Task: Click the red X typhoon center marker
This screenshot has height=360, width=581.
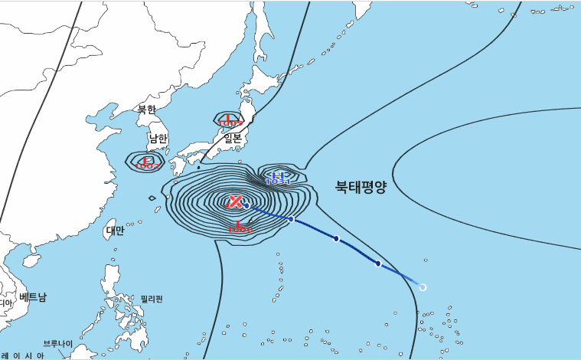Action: coord(236,201)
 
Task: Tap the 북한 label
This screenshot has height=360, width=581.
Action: coord(146,110)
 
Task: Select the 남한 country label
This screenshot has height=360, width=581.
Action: coord(158,139)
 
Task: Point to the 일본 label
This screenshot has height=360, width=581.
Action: coord(232,139)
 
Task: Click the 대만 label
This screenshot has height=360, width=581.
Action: coord(115,230)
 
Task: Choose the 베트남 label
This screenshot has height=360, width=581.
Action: coord(34,296)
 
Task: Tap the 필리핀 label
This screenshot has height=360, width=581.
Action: coord(152,299)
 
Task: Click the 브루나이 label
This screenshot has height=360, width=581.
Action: coord(58,344)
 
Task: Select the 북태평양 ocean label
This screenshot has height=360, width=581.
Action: coord(361,186)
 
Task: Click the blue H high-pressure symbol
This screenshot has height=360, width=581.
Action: coord(278,176)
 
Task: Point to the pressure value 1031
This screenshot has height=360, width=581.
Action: coord(278,182)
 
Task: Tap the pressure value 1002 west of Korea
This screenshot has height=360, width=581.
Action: coord(147,165)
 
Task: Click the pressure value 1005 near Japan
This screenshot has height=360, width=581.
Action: coord(230,123)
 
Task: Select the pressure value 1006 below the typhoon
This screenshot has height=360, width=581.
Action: coord(240,229)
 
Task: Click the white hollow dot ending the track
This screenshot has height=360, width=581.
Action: coord(423,287)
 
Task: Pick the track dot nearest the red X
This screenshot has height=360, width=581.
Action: coord(246,206)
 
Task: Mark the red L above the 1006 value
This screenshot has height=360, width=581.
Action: coord(240,224)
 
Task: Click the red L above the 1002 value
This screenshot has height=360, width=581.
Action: coord(145,160)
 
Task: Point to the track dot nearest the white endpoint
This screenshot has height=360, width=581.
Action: coord(378,263)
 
